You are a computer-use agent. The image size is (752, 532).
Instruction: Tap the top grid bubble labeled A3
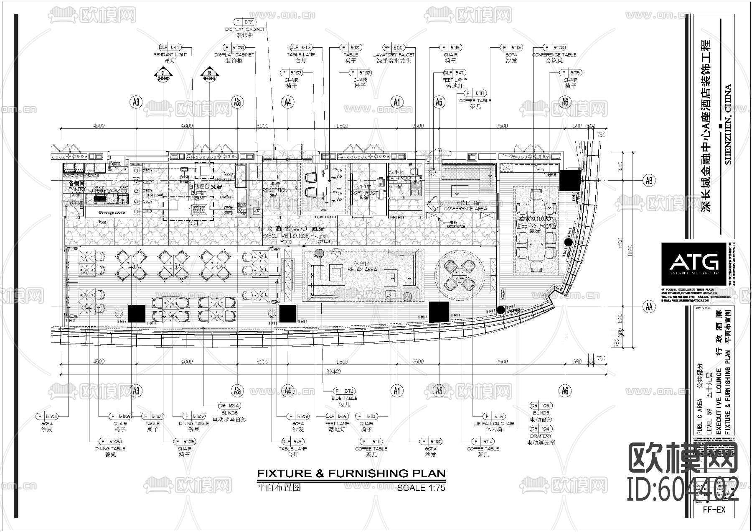tap(136, 102)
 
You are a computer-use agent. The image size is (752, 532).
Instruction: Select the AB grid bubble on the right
tap(648, 180)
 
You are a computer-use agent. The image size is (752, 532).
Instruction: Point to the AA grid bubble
tap(648, 307)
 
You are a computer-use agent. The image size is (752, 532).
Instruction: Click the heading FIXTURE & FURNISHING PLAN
tap(351, 473)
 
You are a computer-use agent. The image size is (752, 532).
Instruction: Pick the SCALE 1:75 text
tap(421, 487)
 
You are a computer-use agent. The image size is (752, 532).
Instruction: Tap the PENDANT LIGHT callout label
tap(170, 54)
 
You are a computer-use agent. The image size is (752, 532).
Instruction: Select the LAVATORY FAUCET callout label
tap(394, 54)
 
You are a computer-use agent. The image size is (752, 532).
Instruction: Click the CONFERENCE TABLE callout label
tap(554, 54)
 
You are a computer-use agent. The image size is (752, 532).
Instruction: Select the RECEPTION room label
tap(274, 190)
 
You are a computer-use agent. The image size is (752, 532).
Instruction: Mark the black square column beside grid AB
tap(571, 181)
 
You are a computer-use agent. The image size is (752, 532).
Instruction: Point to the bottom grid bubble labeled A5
tap(439, 391)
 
